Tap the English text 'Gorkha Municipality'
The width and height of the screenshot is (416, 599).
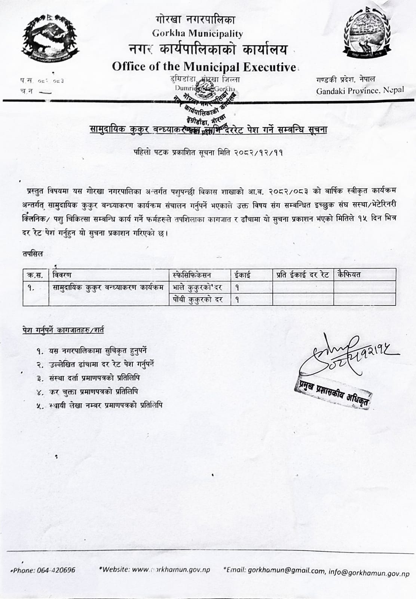pos(198,34)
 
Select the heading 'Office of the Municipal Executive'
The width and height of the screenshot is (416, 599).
pos(204,67)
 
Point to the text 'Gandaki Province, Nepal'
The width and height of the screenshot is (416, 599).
pos(360,90)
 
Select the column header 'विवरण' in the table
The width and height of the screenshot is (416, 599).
pos(62,275)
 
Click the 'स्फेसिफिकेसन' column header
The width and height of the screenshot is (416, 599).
pos(192,275)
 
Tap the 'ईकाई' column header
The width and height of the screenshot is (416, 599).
pos(242,275)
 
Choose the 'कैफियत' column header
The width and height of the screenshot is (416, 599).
pos(349,275)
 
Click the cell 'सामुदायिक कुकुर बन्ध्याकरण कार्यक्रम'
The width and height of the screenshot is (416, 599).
pos(108,288)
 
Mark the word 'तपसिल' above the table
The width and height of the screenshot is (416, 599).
pos(33,253)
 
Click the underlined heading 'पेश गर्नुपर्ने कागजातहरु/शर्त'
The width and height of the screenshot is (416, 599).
pos(63,330)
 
